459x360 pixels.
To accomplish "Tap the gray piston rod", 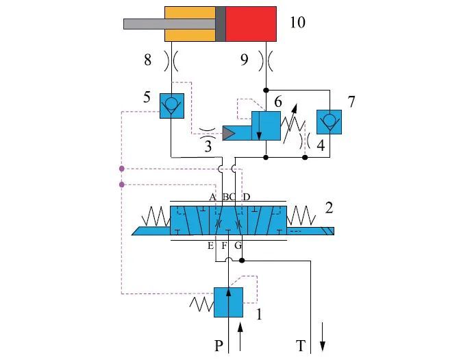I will click(x=144, y=24).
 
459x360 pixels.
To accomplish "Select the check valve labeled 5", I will click(x=170, y=105).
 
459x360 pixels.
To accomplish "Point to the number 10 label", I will click(x=297, y=23).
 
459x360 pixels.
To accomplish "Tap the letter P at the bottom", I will click(x=219, y=346).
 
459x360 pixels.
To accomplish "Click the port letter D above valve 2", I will click(x=247, y=197).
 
